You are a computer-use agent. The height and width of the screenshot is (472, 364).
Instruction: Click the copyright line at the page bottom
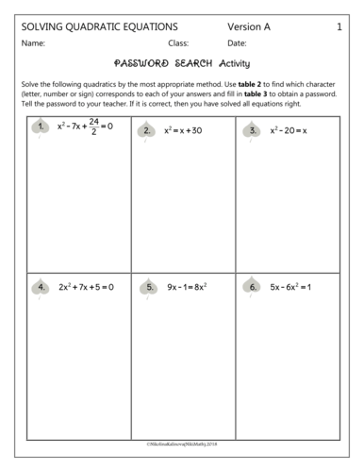pyautogui.click(x=182, y=443)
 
